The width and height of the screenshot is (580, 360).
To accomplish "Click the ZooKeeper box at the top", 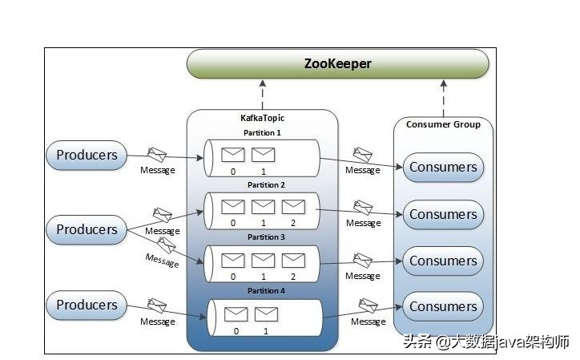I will [337, 63].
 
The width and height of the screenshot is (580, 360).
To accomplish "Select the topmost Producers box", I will [87, 156].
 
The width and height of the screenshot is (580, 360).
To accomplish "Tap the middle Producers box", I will [87, 229].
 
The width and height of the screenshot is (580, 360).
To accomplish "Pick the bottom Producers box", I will [87, 305].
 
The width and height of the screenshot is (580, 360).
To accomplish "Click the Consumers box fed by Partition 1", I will [443, 168].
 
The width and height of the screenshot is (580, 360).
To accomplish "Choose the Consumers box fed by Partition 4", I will [443, 306].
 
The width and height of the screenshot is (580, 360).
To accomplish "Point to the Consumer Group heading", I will [443, 124].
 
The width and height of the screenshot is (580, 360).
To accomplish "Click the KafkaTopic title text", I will [262, 119].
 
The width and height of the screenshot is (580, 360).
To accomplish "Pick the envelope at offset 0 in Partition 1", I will [233, 155].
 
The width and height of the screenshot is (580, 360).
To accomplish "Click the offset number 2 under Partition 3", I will [293, 277].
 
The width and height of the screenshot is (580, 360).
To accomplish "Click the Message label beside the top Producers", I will [157, 170].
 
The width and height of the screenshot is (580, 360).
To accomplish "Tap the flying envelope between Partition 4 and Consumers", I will [367, 305].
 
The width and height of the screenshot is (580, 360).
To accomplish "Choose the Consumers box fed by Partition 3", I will [443, 261].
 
